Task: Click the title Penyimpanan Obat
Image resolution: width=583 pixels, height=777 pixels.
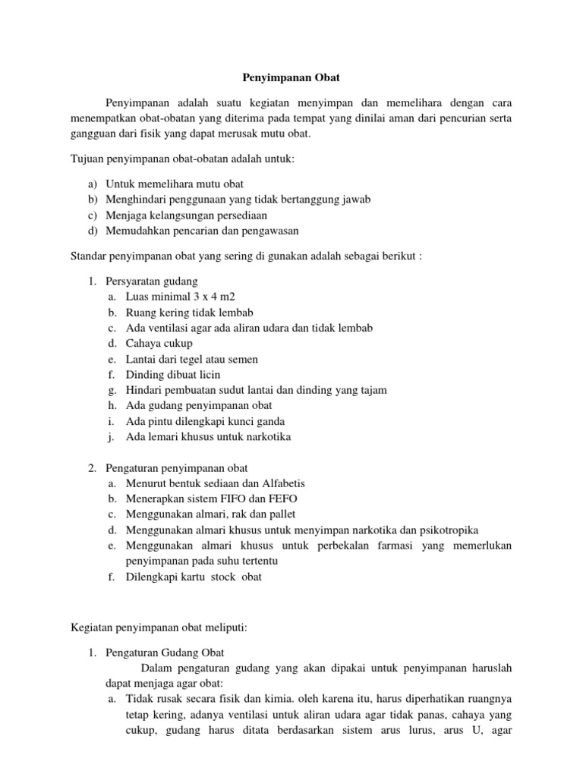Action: click(x=291, y=77)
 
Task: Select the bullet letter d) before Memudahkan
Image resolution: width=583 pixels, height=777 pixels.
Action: click(x=93, y=231)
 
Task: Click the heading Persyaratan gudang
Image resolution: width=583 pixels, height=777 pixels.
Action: click(x=152, y=281)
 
